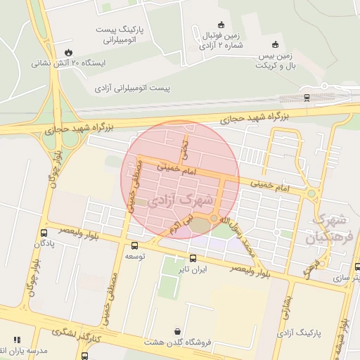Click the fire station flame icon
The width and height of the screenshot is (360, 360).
click(x=67, y=52)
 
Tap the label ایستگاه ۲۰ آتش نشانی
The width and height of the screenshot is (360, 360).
click(x=67, y=63)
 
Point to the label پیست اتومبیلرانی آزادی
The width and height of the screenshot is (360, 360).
click(x=133, y=89)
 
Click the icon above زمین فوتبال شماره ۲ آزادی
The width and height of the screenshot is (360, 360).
click(x=221, y=25)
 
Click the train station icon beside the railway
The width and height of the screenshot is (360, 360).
click(x=306, y=97)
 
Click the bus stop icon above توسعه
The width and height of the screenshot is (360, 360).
click(x=134, y=245)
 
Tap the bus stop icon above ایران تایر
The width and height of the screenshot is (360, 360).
click(x=193, y=258)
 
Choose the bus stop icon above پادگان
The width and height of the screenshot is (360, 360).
click(x=44, y=232)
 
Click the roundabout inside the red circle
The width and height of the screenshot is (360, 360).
click(x=214, y=218)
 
